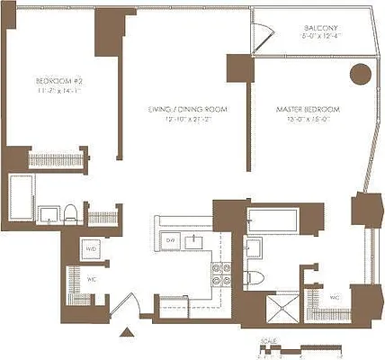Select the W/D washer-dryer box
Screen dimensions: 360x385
coord(91,249)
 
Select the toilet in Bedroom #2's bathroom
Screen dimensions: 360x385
coord(69,213)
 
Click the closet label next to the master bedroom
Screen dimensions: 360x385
coord(334,297)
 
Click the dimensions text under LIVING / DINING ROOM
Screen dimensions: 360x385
coord(185,121)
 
